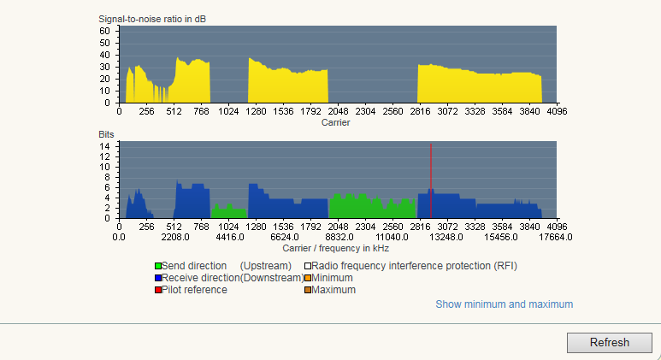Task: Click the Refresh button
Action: click(609, 342)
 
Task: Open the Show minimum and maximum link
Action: click(504, 304)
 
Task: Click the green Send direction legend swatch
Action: click(158, 266)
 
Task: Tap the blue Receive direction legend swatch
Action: click(158, 278)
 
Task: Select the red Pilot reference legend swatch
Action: click(158, 290)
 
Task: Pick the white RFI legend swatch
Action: click(308, 266)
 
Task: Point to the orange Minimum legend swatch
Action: click(308, 278)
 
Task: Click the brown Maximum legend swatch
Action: click(308, 290)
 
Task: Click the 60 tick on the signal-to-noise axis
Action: click(104, 30)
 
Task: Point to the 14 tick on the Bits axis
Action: click(104, 146)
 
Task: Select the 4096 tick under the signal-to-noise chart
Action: click(557, 111)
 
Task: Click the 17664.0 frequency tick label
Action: click(557, 237)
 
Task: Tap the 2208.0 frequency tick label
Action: click(174, 237)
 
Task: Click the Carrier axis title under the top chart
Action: click(335, 122)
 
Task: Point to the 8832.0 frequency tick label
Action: click(339, 237)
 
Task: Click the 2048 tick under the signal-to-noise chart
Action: click(339, 111)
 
